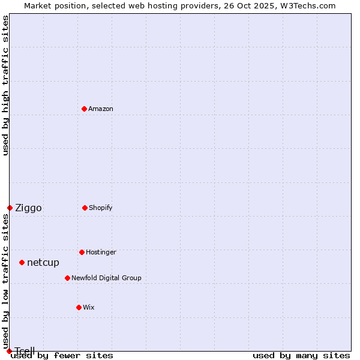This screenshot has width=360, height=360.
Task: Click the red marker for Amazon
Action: pos(85,109)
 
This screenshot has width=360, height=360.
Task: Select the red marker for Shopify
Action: pos(85,208)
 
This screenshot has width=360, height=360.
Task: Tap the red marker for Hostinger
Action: pos(82,252)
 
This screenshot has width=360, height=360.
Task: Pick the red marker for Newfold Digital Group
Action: pos(67,278)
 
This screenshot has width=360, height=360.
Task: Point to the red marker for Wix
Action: pos(79,307)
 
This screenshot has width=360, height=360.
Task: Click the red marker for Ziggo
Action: pos(10,208)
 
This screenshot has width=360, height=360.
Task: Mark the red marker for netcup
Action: pos(22,262)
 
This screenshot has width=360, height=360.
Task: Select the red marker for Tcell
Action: pos(9,351)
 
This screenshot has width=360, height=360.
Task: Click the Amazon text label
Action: pos(101,109)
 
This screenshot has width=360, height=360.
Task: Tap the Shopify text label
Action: pos(101,208)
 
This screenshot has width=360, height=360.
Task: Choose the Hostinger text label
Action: pos(101,252)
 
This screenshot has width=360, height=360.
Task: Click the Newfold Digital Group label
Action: pos(106,278)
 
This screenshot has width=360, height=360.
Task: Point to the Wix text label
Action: pos(89,307)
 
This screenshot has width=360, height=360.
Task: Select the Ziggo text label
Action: pos(28,208)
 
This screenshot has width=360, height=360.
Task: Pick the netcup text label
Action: pos(43,262)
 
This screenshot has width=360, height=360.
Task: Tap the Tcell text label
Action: pos(25,351)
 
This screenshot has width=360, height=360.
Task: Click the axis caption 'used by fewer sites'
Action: pos(62,355)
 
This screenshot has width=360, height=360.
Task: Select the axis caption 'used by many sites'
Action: pos(301,355)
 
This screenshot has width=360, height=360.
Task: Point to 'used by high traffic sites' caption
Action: pos(5,85)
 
